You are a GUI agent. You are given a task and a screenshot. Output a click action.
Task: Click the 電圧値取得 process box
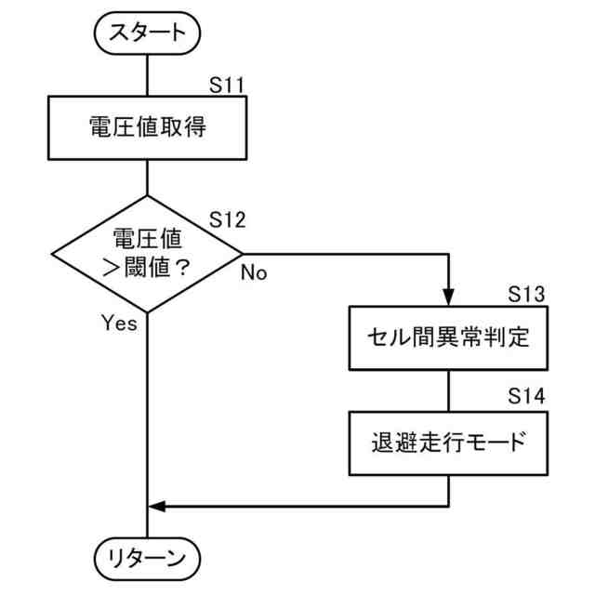coord(148,128)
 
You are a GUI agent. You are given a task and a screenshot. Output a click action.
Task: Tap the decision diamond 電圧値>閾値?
coord(148,253)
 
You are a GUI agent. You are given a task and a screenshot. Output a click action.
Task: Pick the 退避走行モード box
coord(448,441)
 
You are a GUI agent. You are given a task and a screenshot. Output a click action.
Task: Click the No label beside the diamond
coord(254,272)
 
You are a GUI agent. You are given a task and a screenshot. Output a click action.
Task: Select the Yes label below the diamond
coord(119,324)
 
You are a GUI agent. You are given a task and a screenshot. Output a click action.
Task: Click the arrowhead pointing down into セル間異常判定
coord(448,298)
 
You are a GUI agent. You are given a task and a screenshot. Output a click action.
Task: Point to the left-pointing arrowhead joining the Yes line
coord(157,506)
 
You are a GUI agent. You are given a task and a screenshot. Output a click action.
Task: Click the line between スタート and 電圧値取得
coord(148,73)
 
